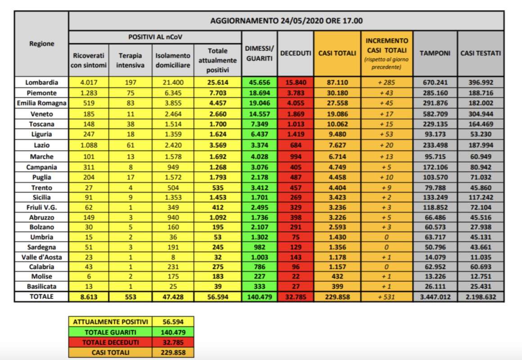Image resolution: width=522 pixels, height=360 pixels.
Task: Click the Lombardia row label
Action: click(41, 82)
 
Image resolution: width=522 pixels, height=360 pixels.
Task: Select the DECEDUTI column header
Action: click(296, 53)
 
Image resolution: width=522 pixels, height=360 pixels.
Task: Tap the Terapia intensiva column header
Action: click(130, 60)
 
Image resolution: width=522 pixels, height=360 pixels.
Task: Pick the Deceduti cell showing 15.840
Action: click(296, 82)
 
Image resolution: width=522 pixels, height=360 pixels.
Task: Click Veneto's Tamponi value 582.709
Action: click(435, 114)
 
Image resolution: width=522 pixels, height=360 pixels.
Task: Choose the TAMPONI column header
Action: click(435, 53)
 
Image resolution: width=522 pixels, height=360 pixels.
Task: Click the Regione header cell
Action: click(41, 44)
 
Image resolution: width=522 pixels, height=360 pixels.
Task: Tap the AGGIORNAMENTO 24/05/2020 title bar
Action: click(286, 21)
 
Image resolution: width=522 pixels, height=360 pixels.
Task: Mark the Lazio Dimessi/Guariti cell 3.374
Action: click(259, 145)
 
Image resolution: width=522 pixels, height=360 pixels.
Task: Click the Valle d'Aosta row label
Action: click(41, 256)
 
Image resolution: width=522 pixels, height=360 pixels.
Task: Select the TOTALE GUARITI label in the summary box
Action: click(110, 332)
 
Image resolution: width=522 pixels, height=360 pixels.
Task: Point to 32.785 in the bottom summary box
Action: click(173, 342)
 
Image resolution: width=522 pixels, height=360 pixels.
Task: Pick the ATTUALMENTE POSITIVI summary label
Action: click(110, 322)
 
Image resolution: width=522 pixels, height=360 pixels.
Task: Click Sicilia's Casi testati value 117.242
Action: click(481, 197)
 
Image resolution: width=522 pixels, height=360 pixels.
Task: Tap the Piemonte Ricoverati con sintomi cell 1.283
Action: click(89, 93)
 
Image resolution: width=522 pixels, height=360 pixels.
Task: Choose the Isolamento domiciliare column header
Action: click(173, 60)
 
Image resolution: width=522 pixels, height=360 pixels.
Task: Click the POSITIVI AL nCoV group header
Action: click(155, 36)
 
